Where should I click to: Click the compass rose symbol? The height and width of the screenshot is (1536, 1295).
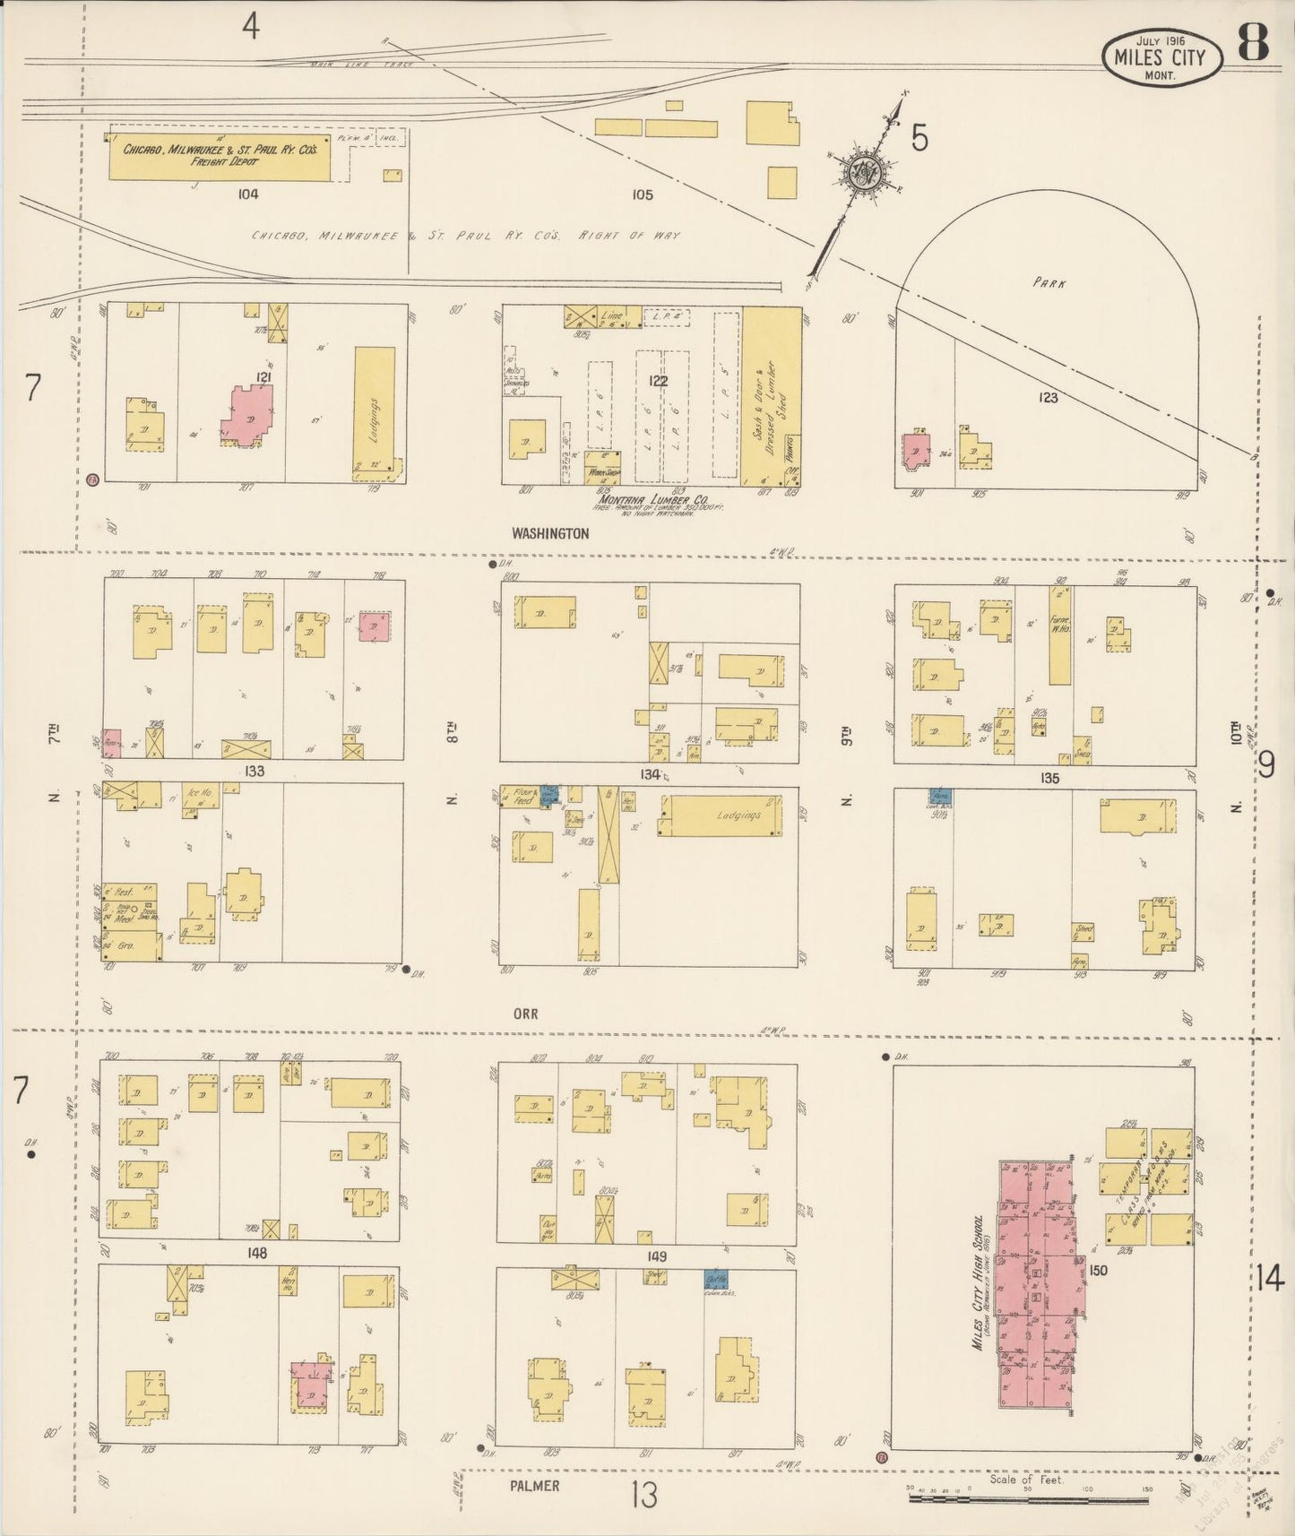(868, 169)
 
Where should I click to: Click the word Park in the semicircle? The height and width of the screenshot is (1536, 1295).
(1049, 281)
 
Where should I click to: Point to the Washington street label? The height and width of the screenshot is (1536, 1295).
(550, 533)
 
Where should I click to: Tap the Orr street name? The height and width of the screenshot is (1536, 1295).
(525, 1014)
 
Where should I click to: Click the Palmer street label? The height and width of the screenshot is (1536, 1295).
(535, 1485)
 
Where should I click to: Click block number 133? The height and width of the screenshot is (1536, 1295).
(254, 771)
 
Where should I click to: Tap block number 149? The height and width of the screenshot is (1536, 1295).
(658, 1256)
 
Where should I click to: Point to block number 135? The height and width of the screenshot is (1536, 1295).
(1049, 778)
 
